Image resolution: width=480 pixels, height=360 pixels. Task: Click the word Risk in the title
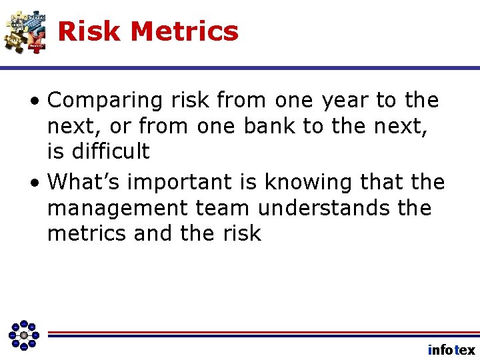(x=90, y=31)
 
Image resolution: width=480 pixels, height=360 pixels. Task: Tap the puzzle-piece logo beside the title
(x=25, y=31)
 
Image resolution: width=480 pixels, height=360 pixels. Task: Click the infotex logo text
(x=451, y=350)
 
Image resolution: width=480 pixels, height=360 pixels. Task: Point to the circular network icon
(x=24, y=334)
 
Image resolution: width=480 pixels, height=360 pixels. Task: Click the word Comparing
(x=105, y=101)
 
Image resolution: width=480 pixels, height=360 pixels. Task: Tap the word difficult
(x=108, y=151)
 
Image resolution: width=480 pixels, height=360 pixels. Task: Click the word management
(x=117, y=207)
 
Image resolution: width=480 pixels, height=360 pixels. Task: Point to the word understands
(x=323, y=207)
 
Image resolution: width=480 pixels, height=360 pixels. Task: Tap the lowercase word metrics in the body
(x=87, y=233)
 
